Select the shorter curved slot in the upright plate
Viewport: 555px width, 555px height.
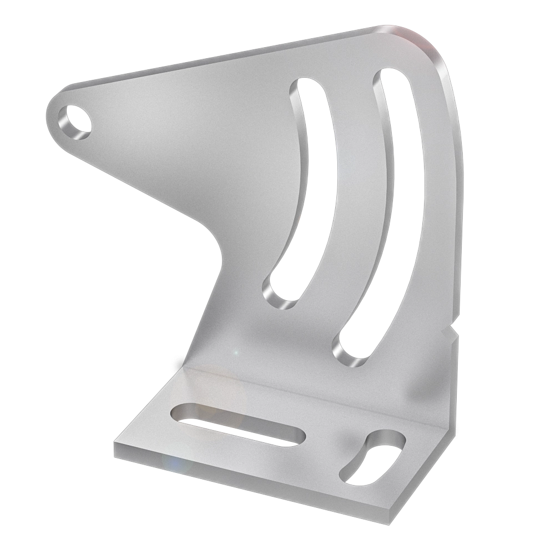click(302, 189)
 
